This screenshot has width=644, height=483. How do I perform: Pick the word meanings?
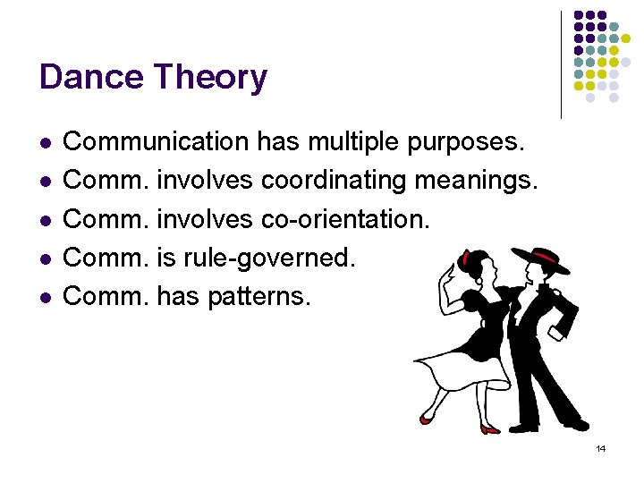pos(476,181)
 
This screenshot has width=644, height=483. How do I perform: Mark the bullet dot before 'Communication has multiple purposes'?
pos(45,142)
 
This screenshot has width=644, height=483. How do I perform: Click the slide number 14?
pos(600,448)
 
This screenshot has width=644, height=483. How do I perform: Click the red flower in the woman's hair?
pos(464,260)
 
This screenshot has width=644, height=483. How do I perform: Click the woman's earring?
pos(479,285)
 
